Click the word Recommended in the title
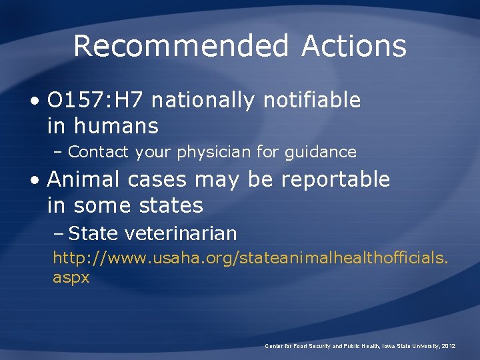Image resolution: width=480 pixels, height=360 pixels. coord(181,47)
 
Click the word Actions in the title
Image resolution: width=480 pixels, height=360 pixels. coord(353,47)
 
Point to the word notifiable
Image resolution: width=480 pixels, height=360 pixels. coord(312,101)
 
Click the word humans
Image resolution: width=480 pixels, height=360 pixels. coord(116,125)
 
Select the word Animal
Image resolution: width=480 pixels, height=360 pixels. coord(84,179)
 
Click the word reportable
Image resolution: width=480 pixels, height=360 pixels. coord(335,179)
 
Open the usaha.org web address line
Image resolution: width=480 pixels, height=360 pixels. coord(251,257)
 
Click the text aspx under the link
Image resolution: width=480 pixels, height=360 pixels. coord(71,277)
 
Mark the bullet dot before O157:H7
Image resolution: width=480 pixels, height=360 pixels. coord(33,101)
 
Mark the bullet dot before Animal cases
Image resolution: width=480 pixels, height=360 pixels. coord(33,180)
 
